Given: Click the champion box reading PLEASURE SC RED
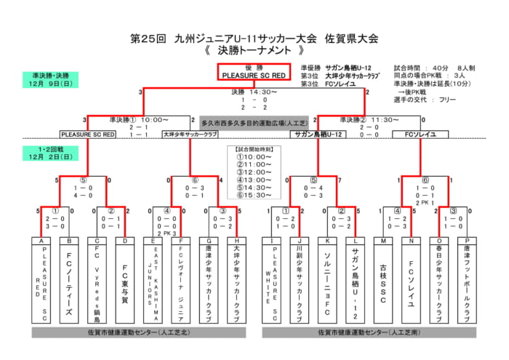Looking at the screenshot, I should [254, 71].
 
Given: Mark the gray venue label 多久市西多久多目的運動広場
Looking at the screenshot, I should [254, 124].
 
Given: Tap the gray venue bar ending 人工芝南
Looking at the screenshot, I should [369, 332].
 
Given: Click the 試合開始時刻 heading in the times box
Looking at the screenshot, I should [254, 149].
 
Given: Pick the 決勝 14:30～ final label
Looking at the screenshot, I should [254, 92].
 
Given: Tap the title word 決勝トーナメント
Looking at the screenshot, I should [254, 52].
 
